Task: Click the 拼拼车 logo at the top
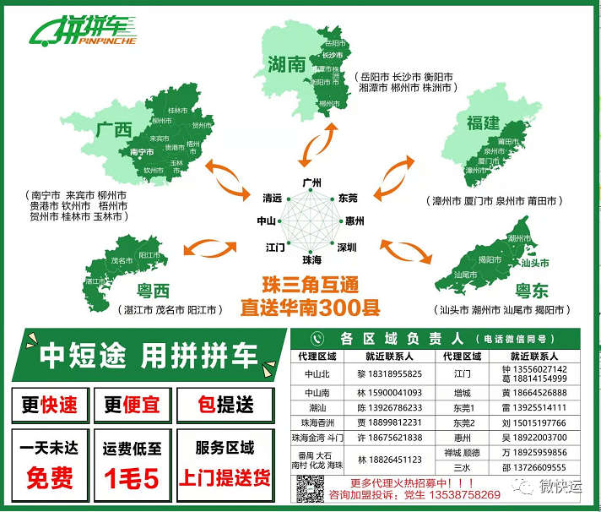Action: (84, 31)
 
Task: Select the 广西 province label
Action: (114, 131)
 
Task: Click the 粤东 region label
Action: (532, 291)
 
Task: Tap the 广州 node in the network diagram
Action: (312, 182)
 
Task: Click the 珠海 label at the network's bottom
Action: (311, 259)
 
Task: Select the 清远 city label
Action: (272, 198)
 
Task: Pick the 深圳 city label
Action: (347, 248)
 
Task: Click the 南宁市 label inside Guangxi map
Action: (142, 153)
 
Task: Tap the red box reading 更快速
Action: (43, 405)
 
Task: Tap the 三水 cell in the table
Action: (461, 466)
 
